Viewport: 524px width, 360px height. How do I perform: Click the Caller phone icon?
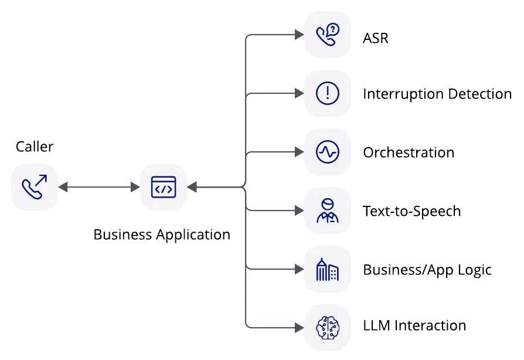pos(35,187)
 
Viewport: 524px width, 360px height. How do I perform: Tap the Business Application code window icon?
pos(163,187)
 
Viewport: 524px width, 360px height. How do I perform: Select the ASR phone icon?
pos(327,35)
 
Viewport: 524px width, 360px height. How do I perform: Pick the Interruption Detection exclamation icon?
pos(327,93)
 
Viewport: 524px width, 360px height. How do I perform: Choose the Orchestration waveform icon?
pos(327,152)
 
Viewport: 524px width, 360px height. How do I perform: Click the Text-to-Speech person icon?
pos(327,210)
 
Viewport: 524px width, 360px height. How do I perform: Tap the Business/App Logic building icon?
pos(327,269)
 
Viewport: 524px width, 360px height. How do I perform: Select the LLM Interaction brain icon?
pos(327,327)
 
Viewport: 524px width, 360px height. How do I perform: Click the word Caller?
pos(35,146)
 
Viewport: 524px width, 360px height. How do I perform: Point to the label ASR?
pos(376,39)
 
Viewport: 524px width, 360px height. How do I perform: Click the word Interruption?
pos(403,94)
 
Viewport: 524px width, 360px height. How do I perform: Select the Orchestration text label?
pos(409,152)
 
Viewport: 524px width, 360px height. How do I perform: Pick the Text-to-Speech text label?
pos(411,211)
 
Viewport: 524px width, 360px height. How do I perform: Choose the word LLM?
pos(377,325)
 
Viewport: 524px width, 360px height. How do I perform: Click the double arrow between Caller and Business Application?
pos(99,187)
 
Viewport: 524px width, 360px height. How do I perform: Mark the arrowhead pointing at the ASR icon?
pos(298,35)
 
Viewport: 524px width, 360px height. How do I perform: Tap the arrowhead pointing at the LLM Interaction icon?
pos(298,327)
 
